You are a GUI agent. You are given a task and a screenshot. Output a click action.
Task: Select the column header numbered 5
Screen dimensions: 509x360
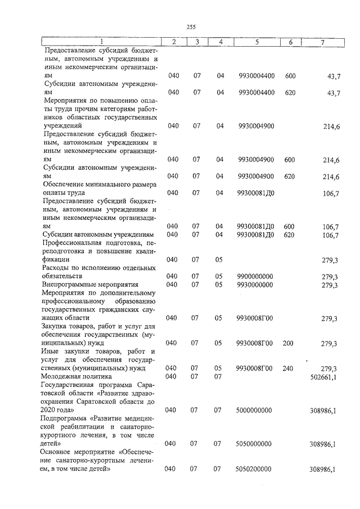tap(256, 42)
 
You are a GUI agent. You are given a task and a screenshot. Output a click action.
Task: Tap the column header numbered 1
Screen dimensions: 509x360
tap(101, 42)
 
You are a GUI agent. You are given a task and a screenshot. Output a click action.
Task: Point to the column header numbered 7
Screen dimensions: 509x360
tap(322, 42)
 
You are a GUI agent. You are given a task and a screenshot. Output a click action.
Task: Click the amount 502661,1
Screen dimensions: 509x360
tap(323, 377)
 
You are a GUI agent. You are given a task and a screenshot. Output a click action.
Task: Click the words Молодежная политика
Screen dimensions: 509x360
tap(77, 376)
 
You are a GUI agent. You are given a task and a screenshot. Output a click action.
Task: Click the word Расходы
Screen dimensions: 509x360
tap(55, 268)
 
